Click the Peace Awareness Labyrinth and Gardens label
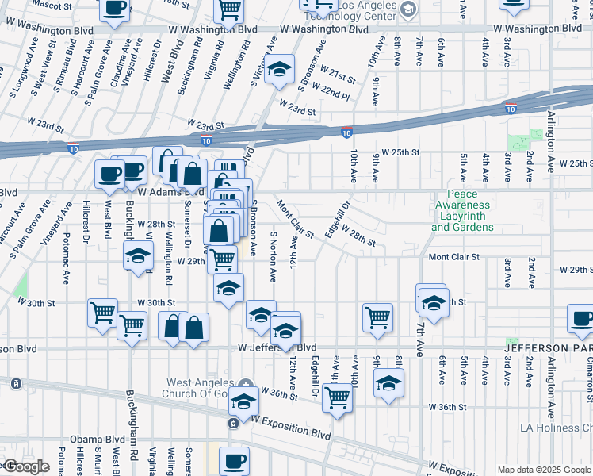click(462, 210)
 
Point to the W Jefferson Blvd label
click(277, 347)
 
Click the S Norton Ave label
click(274, 259)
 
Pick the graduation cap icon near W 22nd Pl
click(279, 70)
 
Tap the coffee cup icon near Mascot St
click(115, 9)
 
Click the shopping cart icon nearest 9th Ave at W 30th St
click(378, 317)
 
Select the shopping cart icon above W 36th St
click(338, 397)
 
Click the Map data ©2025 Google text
click(545, 470)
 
